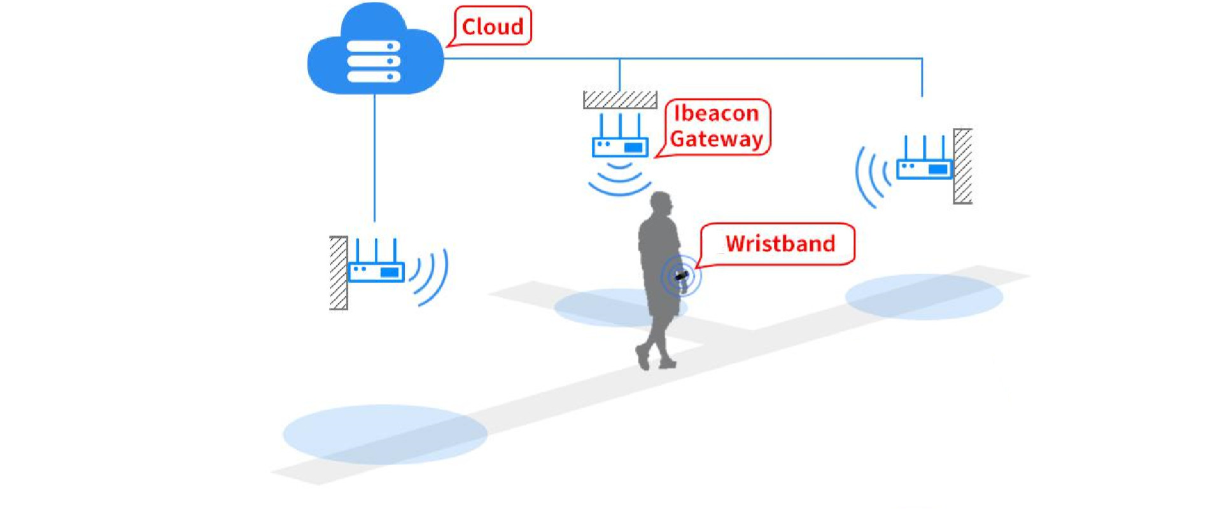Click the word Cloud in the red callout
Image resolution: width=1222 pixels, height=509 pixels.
493,27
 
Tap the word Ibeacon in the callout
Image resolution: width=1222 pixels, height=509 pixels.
717,113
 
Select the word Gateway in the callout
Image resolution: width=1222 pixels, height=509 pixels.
717,139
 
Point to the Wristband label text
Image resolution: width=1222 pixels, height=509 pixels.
780,244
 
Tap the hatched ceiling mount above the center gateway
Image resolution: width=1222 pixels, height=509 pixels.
620,100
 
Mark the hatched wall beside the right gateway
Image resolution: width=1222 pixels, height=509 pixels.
962,166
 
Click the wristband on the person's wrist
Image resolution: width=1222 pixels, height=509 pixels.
682,276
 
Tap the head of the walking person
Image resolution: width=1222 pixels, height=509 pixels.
662,205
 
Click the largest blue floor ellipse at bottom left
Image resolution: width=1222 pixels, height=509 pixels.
385,434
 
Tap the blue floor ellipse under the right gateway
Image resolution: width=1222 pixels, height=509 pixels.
924,296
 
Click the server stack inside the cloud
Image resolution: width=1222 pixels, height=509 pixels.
374,62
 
